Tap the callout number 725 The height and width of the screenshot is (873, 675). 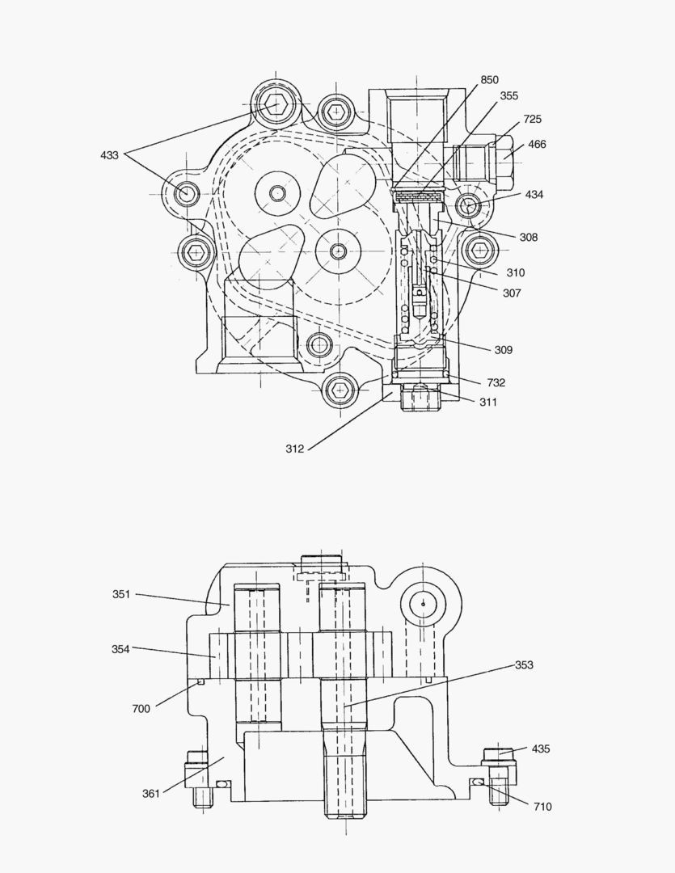click(532, 120)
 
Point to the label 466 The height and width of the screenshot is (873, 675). click(537, 145)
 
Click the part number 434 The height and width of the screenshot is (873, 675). click(534, 195)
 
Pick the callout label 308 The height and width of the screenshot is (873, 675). click(529, 238)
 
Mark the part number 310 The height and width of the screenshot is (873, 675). click(515, 273)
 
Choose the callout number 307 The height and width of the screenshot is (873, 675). click(512, 293)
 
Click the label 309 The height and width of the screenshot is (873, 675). click(503, 350)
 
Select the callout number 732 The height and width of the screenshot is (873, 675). click(496, 382)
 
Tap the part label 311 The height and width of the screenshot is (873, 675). click(488, 402)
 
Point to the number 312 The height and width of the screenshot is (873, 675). click(294, 449)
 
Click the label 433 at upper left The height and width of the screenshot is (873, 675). click(110, 155)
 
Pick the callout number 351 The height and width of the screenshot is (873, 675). click(121, 594)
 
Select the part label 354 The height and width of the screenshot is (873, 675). click(121, 649)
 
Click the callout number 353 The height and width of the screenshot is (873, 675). click(525, 665)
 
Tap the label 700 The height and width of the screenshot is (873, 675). click(141, 709)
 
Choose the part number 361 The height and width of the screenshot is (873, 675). click(151, 793)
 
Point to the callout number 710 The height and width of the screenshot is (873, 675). click(542, 807)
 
